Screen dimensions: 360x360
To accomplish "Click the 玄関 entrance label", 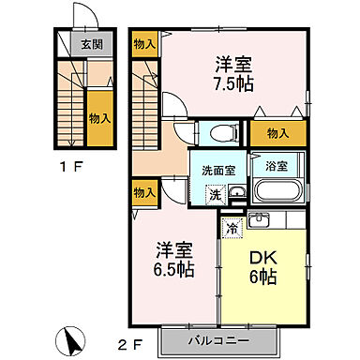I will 91,44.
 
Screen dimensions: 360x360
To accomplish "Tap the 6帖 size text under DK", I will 261,277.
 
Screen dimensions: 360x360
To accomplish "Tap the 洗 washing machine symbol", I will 215,195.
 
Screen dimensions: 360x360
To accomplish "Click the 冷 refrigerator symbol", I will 232,226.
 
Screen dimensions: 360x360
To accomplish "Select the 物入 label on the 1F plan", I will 99,118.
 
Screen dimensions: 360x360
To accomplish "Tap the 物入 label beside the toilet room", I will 277,134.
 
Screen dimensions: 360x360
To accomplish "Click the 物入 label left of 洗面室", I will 143,192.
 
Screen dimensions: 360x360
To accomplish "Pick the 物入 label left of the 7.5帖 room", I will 143,43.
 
